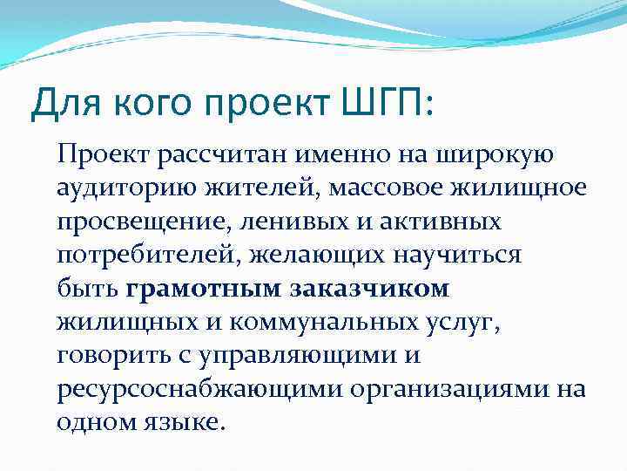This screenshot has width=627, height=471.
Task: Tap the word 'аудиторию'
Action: [x=119, y=189]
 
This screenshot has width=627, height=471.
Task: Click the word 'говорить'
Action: [x=110, y=355]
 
